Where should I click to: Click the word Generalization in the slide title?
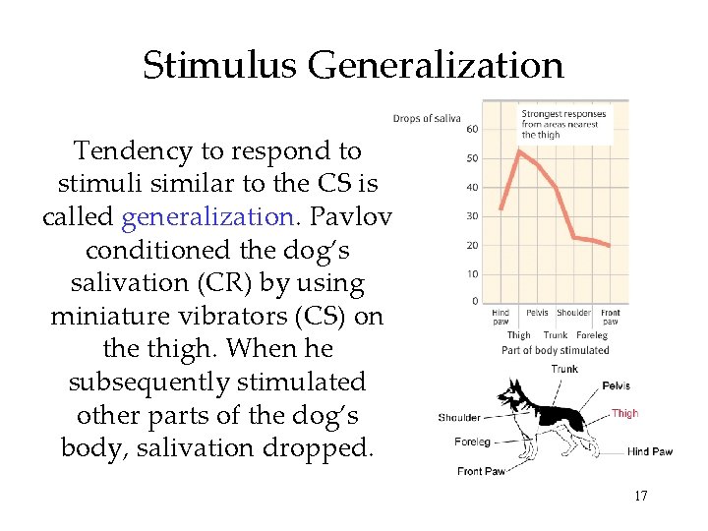click(436, 65)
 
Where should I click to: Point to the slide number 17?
click(640, 496)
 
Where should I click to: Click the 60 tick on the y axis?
click(472, 130)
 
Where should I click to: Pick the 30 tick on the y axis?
click(472, 216)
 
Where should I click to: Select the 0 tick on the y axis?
click(475, 302)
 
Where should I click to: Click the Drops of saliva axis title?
click(427, 119)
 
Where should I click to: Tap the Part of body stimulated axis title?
click(555, 350)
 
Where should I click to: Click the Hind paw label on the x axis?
click(501, 318)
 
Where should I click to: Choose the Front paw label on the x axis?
click(611, 318)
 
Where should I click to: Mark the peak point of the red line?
click(519, 150)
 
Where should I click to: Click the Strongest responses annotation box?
click(563, 124)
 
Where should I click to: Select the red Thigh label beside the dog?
click(624, 414)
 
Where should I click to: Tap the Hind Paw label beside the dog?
click(650, 452)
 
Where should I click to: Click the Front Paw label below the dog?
click(481, 472)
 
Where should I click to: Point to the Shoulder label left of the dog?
click(459, 418)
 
